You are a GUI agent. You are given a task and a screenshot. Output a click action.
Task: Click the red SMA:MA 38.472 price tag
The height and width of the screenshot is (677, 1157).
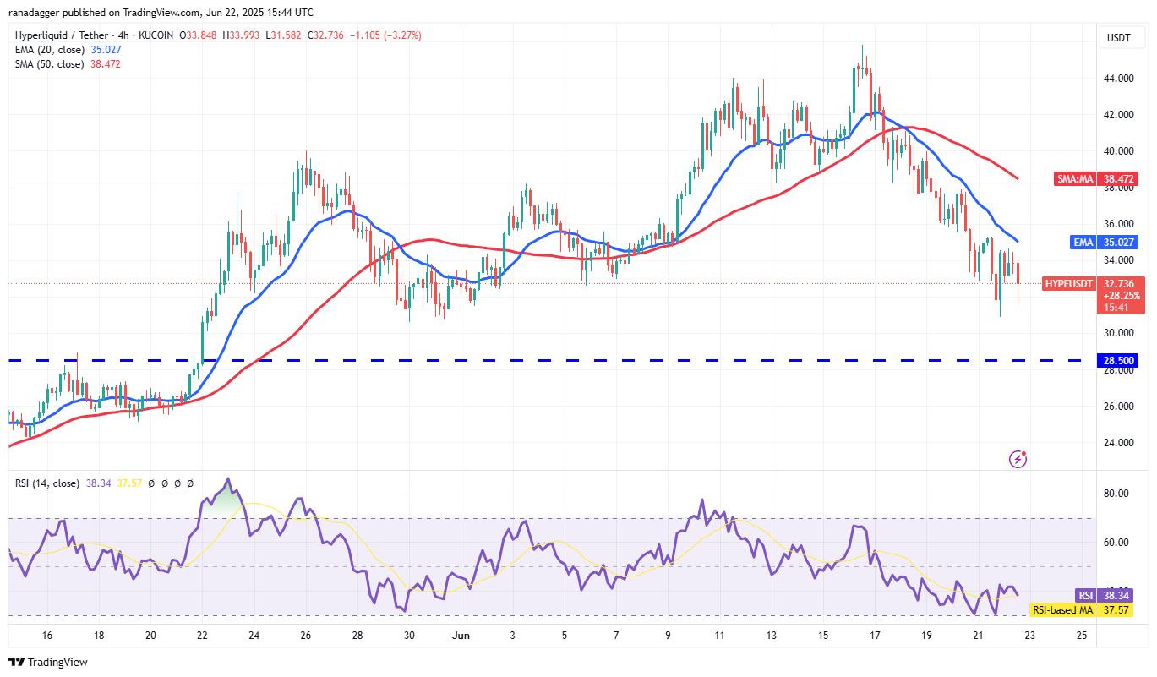tap(1097, 179)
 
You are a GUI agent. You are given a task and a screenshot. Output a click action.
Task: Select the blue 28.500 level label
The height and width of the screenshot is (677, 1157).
tap(1116, 361)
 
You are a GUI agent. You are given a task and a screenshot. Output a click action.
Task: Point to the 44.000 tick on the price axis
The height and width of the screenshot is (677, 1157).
tap(1118, 79)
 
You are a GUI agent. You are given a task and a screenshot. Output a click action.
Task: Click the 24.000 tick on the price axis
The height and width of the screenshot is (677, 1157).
tap(1118, 442)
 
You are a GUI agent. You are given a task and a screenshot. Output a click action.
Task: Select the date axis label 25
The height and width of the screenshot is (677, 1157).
tap(1082, 636)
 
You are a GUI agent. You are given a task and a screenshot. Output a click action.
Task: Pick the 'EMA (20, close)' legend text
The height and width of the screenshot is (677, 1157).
tap(50, 49)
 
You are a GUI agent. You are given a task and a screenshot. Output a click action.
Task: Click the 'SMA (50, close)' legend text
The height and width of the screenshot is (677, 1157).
tap(49, 63)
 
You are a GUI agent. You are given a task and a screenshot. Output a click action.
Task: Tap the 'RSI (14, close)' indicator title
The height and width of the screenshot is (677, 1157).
tap(47, 483)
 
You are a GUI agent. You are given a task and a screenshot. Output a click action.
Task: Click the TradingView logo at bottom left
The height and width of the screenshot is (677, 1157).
tap(48, 662)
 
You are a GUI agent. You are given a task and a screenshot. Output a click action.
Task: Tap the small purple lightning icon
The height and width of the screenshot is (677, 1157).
tap(1018, 459)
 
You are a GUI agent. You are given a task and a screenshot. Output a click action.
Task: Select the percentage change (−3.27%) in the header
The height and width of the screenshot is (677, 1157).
tap(401, 35)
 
